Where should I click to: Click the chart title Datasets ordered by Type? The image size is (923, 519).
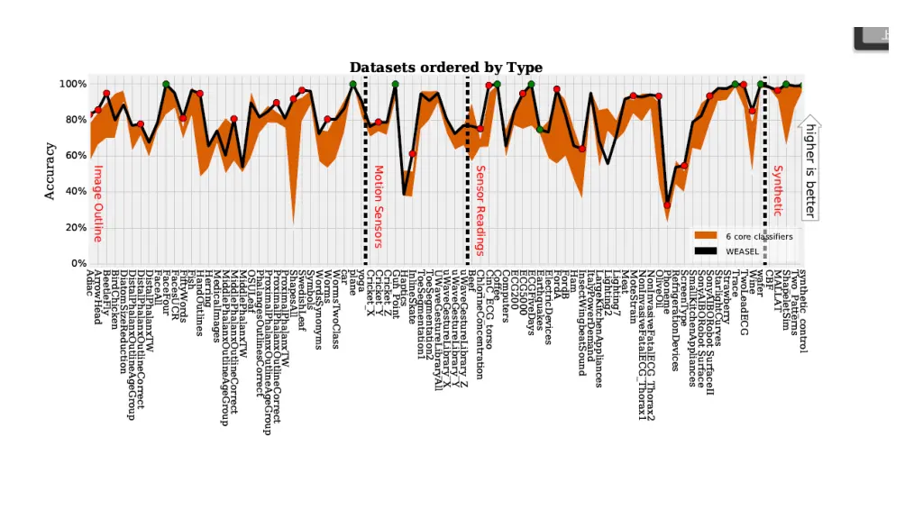[445, 68]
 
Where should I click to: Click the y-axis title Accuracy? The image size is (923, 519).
[50, 171]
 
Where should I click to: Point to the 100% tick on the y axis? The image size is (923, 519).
[73, 84]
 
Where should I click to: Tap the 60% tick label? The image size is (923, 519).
[75, 156]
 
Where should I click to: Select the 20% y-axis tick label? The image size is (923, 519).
[75, 228]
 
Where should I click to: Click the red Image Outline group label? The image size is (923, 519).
[97, 203]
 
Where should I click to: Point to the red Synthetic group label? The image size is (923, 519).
[777, 190]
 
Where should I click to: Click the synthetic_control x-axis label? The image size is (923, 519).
[802, 311]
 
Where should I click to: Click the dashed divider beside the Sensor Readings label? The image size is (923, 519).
[468, 171]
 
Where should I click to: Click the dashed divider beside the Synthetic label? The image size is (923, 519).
[764, 171]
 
